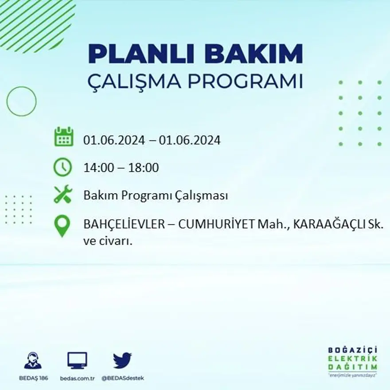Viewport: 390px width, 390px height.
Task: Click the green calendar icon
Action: [x=63, y=137]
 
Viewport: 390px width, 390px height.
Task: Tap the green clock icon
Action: [x=62, y=167]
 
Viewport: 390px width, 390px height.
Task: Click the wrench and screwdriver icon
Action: [x=62, y=195]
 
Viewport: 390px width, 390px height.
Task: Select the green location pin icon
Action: [x=62, y=225]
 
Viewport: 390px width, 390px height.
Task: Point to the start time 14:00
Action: [x=97, y=168]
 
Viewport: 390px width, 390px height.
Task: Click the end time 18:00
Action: [x=144, y=168]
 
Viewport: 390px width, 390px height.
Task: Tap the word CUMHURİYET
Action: [x=216, y=225]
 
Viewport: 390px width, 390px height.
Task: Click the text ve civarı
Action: [x=108, y=242]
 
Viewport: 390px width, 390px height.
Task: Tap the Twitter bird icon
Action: [x=122, y=360]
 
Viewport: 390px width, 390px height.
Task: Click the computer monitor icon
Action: [x=77, y=360]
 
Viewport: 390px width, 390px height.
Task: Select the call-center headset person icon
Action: [x=33, y=360]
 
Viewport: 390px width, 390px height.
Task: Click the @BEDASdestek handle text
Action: [x=122, y=378]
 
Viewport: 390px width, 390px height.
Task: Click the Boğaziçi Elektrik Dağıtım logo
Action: [x=353, y=361]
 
